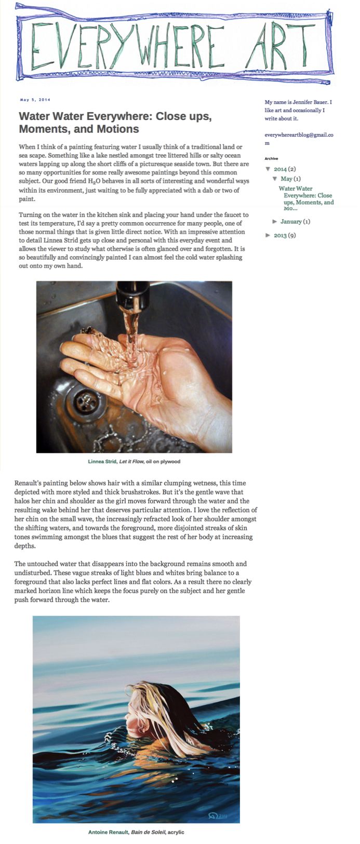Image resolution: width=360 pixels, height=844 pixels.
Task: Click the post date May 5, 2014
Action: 35,100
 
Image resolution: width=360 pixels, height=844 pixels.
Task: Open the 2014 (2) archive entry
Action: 284,169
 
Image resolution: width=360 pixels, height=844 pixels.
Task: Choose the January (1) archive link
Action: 295,221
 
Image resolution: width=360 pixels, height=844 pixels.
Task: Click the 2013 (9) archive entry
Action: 284,235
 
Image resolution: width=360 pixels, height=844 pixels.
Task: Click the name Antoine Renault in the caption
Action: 107,832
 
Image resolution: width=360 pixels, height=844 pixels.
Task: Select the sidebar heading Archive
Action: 271,158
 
